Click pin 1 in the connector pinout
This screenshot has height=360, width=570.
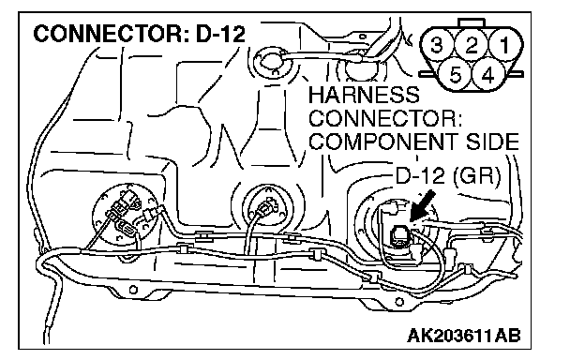pos(504,45)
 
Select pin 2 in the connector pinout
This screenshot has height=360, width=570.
pos(472,45)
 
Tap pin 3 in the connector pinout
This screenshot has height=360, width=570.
pos(437,45)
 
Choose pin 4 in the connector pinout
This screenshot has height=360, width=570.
pos(487,76)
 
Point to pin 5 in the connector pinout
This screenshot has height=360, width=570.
pos(455,76)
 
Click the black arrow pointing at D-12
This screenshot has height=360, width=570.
pos(422,205)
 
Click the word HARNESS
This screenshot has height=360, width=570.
pos(364,95)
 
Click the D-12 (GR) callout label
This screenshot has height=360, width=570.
pos(447,175)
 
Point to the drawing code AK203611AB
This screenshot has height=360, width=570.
pos(464,336)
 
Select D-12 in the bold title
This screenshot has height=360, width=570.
pos(221,34)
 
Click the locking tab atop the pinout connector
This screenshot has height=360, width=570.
pos(472,22)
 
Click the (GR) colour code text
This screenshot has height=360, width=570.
pos(476,176)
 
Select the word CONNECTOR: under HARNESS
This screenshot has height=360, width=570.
pos(385,118)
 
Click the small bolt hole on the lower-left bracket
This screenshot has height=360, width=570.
pos(133,290)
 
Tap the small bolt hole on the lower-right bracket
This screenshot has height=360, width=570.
pos(399,302)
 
